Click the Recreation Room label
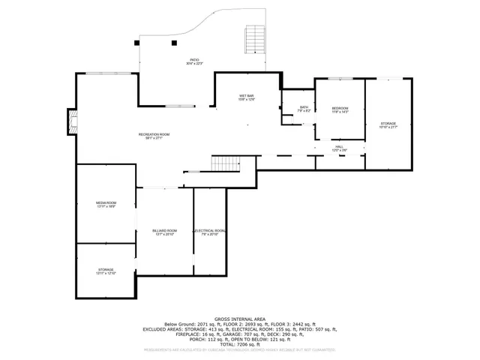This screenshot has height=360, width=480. tap(154, 136)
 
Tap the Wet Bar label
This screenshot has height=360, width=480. tap(247, 97)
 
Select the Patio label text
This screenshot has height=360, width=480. tap(194, 61)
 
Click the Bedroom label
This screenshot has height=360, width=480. tap(340, 110)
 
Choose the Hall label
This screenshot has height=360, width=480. tap(339, 148)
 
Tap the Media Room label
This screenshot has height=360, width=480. tap(106, 205)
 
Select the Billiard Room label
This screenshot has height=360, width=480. tap(165, 232)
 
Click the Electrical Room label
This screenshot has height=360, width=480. tap(210, 232)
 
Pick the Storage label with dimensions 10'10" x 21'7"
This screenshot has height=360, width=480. tap(388, 124)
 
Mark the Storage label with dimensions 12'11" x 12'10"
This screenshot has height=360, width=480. tap(106, 271)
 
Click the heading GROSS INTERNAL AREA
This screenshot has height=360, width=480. tap(240, 318)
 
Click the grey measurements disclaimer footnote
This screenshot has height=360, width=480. tap(240, 349)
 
